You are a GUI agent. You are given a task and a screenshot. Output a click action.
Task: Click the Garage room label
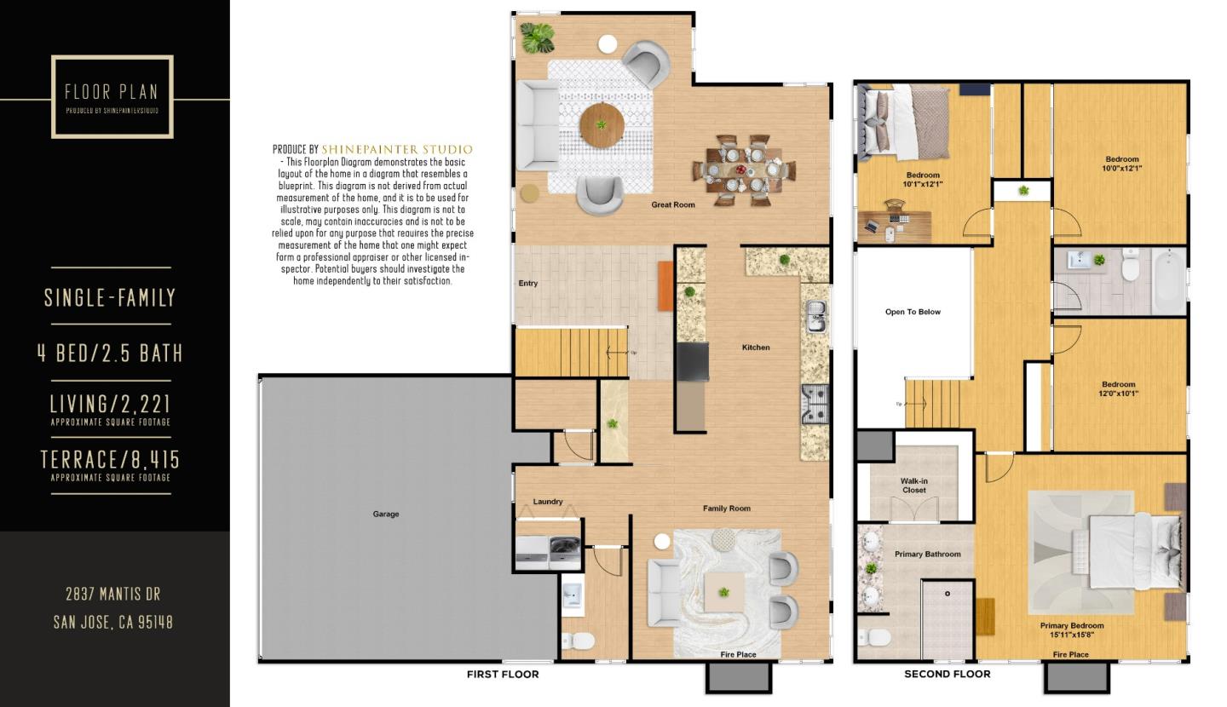[x=385, y=514]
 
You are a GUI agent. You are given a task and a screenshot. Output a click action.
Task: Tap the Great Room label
[x=672, y=204]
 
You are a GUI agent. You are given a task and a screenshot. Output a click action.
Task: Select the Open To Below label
[x=913, y=312]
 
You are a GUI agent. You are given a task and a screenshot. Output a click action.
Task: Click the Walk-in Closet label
[x=913, y=486]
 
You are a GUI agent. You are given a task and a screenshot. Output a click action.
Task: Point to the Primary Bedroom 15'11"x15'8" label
[x=1071, y=629]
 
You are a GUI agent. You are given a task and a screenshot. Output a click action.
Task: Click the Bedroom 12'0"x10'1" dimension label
[x=1118, y=388]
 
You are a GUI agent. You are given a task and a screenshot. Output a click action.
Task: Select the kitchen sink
[x=815, y=318]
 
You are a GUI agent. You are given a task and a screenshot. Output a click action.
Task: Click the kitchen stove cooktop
[x=815, y=404]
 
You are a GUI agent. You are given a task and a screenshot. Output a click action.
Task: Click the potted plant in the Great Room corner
[x=537, y=37]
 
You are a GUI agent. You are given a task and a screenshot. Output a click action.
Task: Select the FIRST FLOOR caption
[x=503, y=674]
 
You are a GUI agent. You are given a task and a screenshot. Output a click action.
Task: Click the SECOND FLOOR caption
[x=947, y=674]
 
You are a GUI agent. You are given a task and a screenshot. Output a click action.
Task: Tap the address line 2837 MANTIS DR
[x=112, y=594]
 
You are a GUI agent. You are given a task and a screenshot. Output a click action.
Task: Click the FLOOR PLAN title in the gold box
[x=112, y=92]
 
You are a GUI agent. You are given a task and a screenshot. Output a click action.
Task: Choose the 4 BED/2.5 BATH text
[x=110, y=353]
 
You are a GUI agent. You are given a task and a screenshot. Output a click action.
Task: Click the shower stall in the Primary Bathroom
[x=948, y=618]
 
